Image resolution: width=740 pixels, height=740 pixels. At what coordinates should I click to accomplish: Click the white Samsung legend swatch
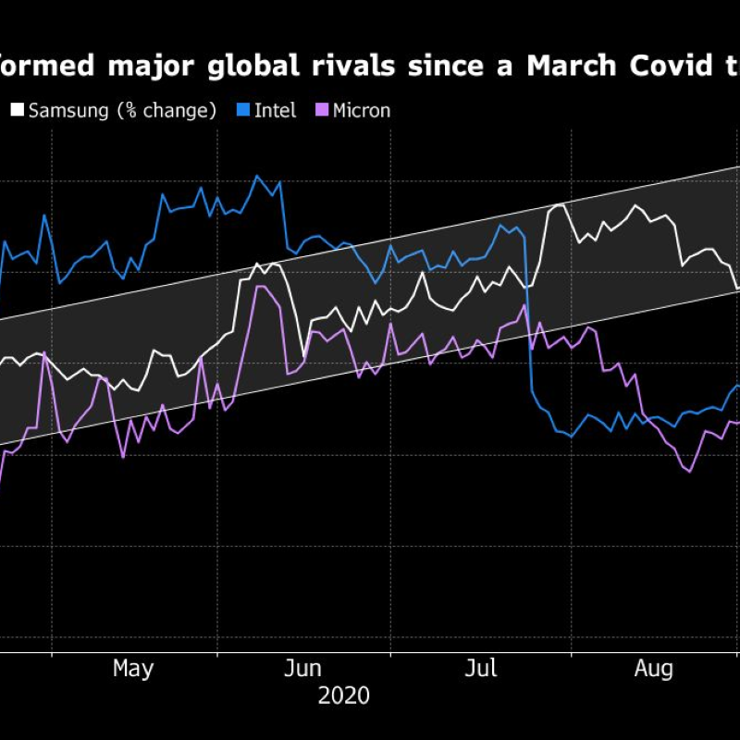tap(18, 111)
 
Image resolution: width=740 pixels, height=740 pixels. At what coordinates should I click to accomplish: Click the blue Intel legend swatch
tap(243, 111)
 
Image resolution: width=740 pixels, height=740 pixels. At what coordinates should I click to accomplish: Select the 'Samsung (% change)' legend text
tap(122, 111)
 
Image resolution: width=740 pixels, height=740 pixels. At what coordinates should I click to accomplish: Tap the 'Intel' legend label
tap(275, 111)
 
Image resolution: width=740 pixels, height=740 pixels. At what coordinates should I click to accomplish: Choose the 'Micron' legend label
tap(362, 111)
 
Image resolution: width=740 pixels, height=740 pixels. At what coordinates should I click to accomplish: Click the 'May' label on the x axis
tap(133, 669)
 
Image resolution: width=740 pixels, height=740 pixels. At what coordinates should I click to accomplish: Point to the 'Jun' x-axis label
tap(303, 669)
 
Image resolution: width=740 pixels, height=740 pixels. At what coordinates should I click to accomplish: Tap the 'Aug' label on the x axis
tap(654, 669)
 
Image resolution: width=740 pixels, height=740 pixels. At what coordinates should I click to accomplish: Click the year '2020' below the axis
tap(343, 696)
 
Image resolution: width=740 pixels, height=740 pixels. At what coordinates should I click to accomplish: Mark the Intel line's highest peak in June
tap(258, 176)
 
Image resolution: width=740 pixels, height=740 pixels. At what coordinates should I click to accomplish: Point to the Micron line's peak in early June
tap(260, 287)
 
